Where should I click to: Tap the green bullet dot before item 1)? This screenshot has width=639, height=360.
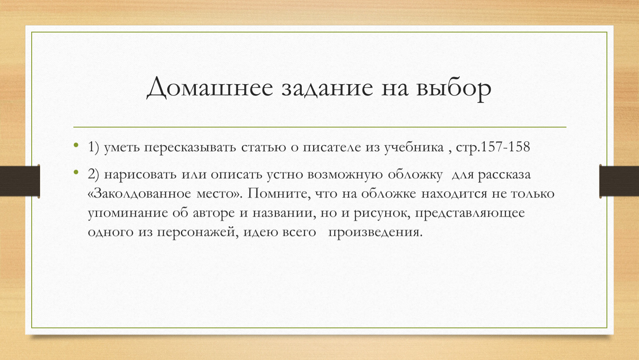pyautogui.click(x=76, y=145)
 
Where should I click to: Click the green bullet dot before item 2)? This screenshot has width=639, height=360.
pyautogui.click(x=76, y=172)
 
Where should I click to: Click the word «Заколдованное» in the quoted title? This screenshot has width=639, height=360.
pyautogui.click(x=142, y=193)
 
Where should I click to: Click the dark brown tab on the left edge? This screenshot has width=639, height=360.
pyautogui.click(x=20, y=181)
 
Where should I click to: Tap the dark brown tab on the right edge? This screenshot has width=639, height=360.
pyautogui.click(x=619, y=181)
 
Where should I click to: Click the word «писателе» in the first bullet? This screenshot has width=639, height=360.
pyautogui.click(x=332, y=147)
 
